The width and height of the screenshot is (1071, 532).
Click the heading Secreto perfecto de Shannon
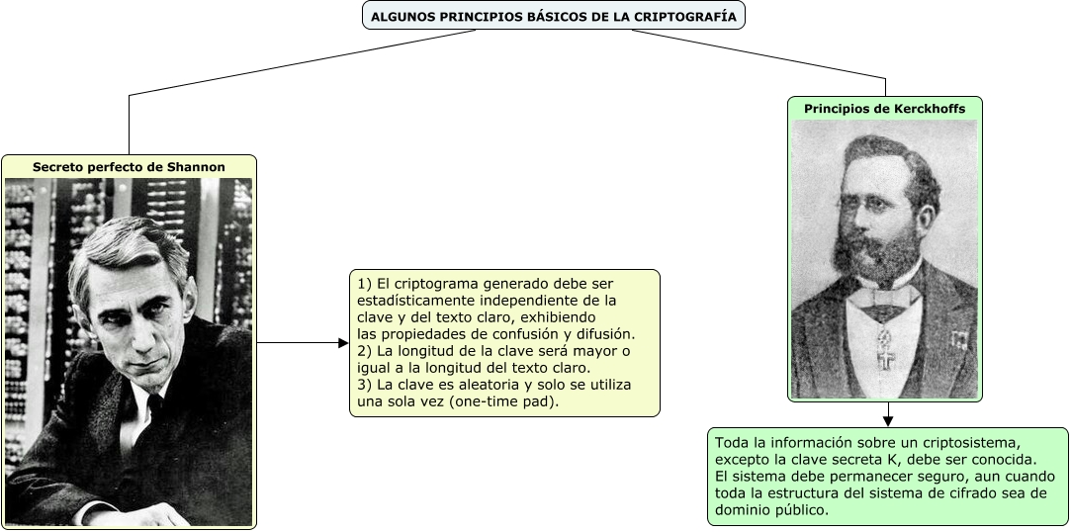click(x=129, y=167)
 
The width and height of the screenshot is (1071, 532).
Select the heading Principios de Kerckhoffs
click(x=884, y=109)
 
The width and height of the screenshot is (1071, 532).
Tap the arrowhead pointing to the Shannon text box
click(x=343, y=343)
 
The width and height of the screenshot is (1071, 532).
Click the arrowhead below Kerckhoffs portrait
click(x=887, y=420)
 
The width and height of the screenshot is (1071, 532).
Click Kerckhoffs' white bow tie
click(x=886, y=294)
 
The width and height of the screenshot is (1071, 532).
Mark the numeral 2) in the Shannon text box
click(x=363, y=351)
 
